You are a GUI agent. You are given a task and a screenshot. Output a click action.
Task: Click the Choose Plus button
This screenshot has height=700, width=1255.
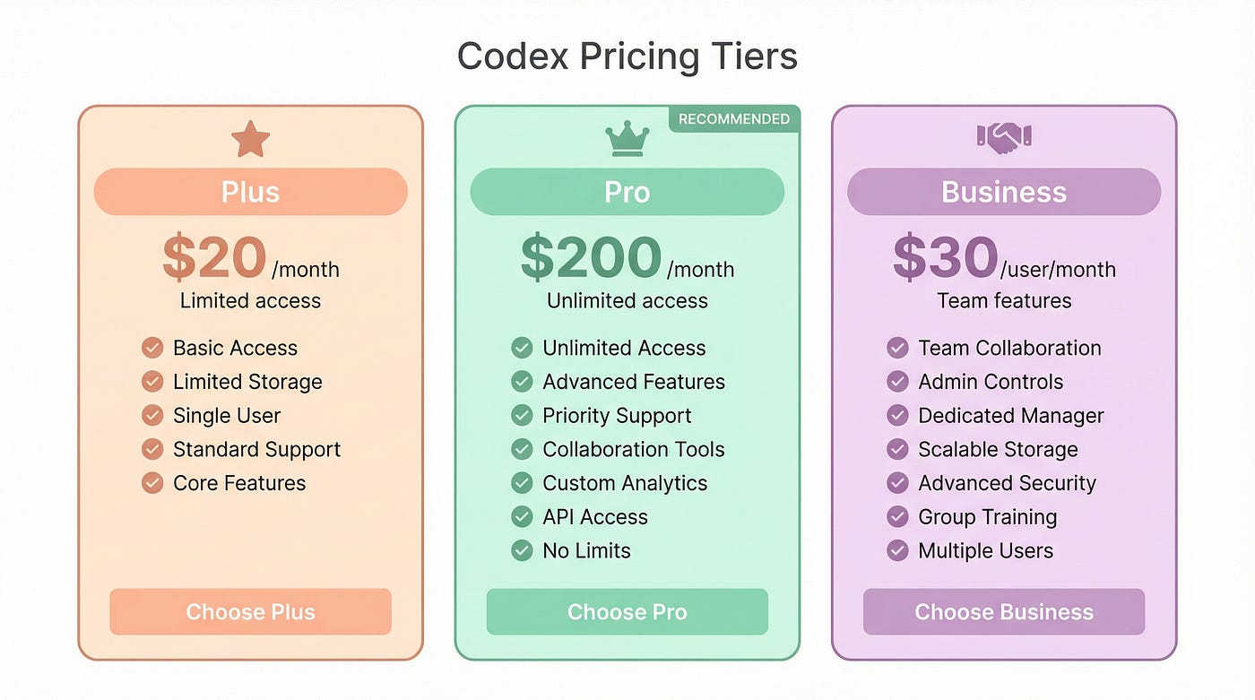click(x=250, y=611)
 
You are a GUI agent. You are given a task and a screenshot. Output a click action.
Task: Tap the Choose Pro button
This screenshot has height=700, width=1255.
click(x=627, y=611)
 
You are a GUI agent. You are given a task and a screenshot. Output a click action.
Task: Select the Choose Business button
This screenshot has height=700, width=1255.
click(x=1004, y=611)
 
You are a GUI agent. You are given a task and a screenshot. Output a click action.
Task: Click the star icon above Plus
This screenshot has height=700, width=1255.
click(x=250, y=139)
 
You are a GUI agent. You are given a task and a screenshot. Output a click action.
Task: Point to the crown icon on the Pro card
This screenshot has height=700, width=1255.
click(x=627, y=138)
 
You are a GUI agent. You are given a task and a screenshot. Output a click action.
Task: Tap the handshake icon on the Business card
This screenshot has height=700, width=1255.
click(x=1004, y=137)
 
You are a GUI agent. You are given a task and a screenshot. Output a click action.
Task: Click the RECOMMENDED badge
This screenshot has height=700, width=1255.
click(x=734, y=118)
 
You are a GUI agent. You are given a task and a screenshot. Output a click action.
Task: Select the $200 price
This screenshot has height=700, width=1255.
click(x=591, y=257)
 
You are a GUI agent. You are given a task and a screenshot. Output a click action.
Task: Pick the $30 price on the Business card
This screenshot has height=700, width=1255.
click(x=945, y=257)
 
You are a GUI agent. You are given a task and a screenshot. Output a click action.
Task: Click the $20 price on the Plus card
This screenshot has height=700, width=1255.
click(x=214, y=257)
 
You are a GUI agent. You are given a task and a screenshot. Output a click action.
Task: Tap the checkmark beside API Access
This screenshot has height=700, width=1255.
click(x=522, y=516)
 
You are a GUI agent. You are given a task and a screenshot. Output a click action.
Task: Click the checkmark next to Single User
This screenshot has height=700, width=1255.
click(x=152, y=415)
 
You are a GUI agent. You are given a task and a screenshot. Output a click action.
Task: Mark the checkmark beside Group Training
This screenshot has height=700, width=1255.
click(x=897, y=516)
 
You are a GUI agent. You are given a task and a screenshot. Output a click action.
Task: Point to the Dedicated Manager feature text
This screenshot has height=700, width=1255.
click(x=1011, y=416)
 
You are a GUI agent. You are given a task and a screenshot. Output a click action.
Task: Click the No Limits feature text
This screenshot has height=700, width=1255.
click(x=586, y=550)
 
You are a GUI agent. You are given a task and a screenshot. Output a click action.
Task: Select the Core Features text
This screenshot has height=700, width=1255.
click(x=239, y=483)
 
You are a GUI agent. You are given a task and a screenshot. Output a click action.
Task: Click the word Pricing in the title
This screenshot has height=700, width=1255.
click(x=639, y=57)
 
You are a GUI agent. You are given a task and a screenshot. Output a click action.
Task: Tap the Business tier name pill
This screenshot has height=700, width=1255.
click(x=1004, y=192)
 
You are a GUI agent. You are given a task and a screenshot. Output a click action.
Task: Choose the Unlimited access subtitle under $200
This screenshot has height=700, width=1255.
click(x=627, y=301)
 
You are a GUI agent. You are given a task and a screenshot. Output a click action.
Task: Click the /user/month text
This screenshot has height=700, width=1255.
click(x=1058, y=270)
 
